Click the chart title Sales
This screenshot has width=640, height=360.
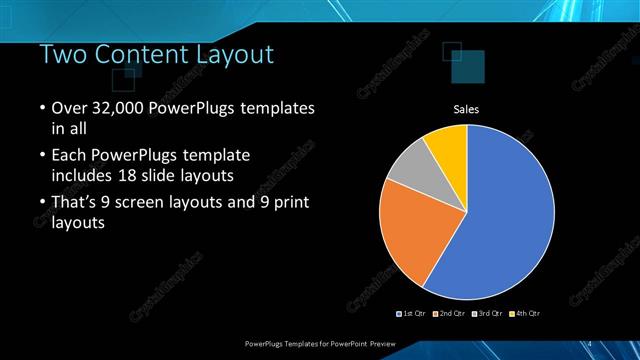(x=467, y=109)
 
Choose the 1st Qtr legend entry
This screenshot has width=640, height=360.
(x=413, y=314)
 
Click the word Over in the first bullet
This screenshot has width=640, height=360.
(x=69, y=108)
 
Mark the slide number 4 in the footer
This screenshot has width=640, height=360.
(x=589, y=343)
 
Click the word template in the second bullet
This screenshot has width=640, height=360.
(x=214, y=156)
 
